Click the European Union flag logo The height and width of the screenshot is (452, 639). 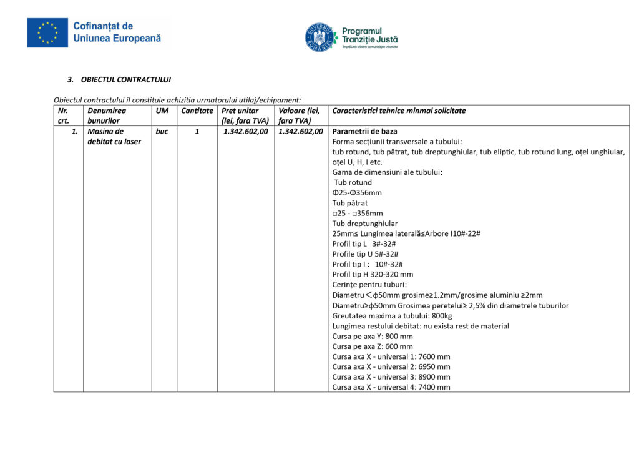tap(47, 33)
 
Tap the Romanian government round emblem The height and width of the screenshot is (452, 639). tap(319, 37)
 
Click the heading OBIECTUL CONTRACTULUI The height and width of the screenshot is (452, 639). tap(125, 80)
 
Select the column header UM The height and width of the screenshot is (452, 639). tap(161, 111)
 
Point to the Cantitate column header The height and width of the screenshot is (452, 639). tap(197, 111)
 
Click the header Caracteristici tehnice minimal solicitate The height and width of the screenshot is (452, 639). tap(399, 111)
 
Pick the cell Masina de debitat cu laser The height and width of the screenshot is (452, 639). tap(114, 137)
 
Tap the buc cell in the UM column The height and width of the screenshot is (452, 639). tap(162, 132)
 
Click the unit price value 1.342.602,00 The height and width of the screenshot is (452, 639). tap(246, 132)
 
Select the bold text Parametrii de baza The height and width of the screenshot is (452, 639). tap(365, 132)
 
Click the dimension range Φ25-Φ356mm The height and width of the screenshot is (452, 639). tap(357, 193)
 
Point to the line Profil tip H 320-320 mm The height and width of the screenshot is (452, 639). tap(373, 274)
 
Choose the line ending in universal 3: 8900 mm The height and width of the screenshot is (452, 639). tap(391, 377)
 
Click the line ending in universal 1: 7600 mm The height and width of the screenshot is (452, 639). tap(391, 356)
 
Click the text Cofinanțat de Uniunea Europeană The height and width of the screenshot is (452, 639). tap(117, 32)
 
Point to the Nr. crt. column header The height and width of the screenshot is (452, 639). tap(64, 115)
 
